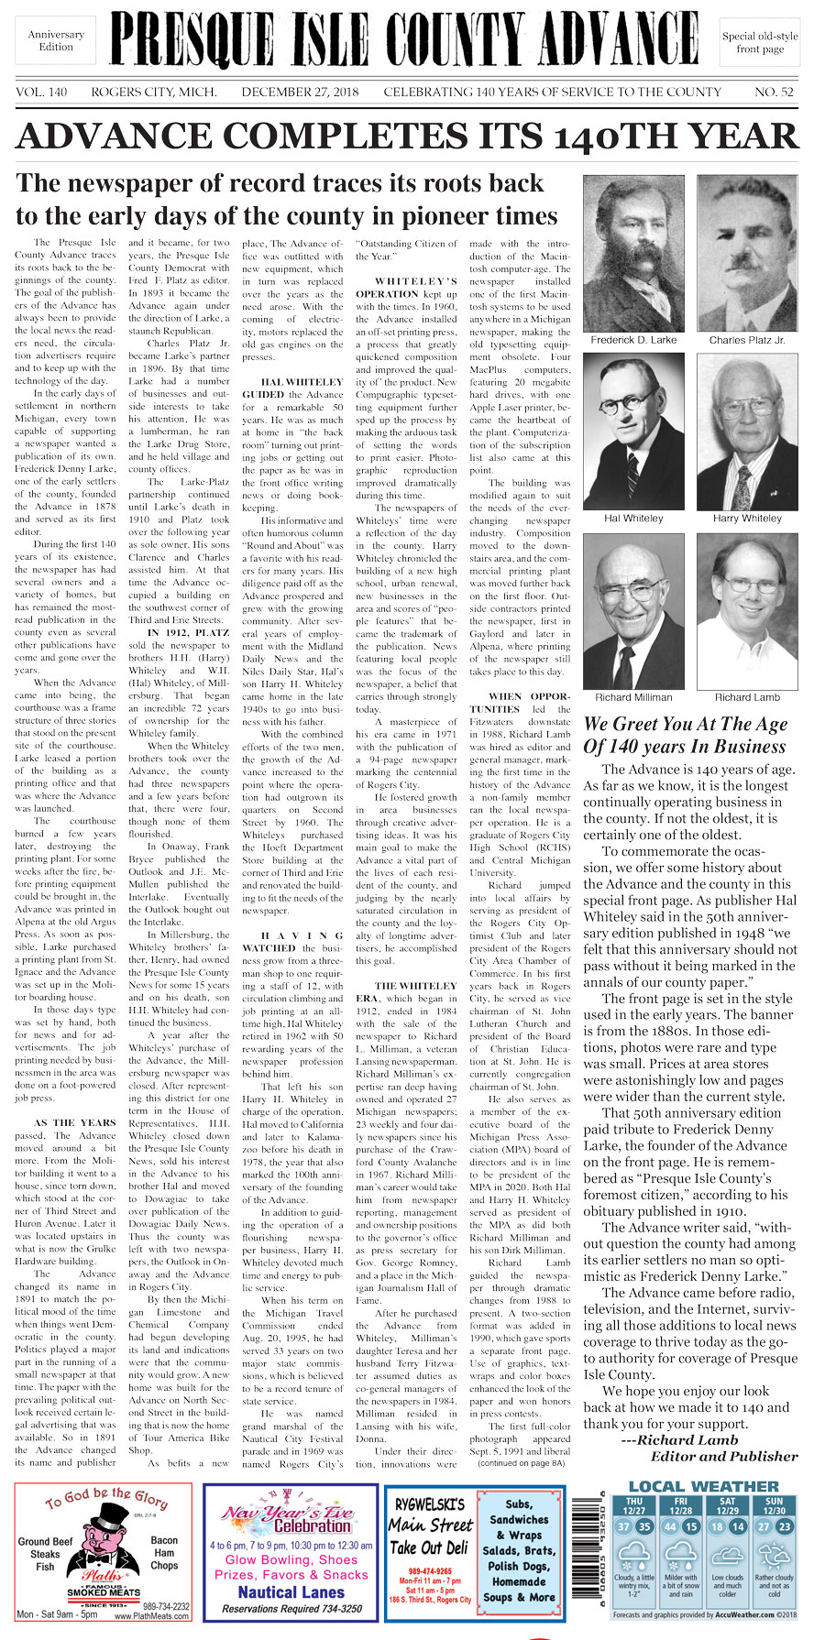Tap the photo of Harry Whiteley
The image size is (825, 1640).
click(747, 432)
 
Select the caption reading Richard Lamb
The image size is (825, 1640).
click(747, 697)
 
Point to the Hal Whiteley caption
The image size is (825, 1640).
click(633, 519)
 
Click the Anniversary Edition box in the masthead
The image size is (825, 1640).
click(56, 40)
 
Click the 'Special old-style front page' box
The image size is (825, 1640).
click(760, 42)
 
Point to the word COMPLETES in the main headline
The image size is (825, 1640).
click(344, 137)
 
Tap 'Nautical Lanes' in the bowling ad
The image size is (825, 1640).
click(291, 1592)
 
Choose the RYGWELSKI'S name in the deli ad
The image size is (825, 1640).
click(430, 1504)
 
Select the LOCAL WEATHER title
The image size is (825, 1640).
click(703, 1486)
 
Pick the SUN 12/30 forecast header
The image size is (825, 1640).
click(775, 1506)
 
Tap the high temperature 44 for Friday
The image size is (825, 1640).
click(670, 1527)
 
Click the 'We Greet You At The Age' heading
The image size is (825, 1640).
click(686, 725)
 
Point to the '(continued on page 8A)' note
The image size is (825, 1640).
click(522, 1463)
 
